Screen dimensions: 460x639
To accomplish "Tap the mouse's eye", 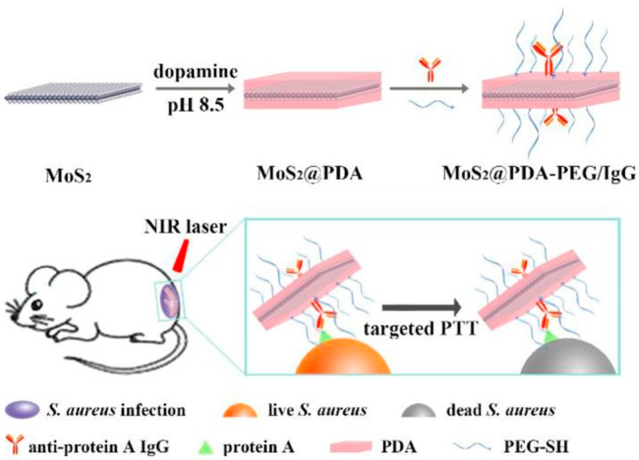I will pos(37,304).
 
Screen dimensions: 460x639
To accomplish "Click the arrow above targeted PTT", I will pos(421,307).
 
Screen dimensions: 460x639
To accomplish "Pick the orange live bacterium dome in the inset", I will pos(343,357).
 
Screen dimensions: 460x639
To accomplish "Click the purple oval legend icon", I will pos(22,410).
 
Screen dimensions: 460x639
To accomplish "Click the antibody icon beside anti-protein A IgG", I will pos(13,446).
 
